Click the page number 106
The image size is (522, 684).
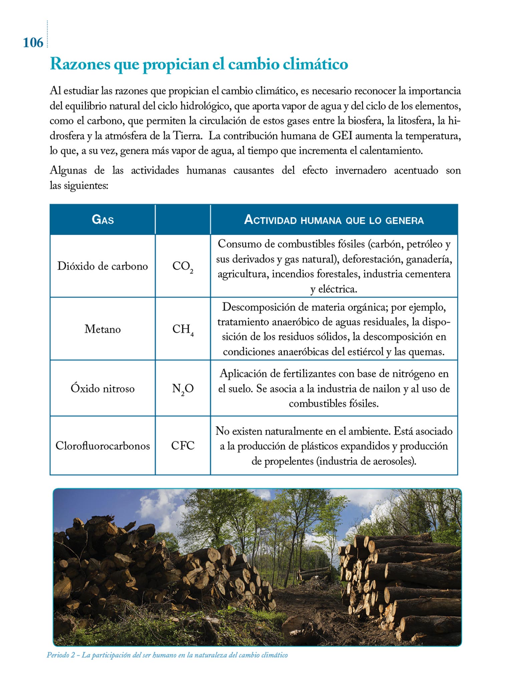click(x=33, y=43)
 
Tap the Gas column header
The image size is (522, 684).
click(x=102, y=219)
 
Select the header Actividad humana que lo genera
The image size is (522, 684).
click(x=334, y=220)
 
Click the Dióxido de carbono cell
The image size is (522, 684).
click(x=102, y=266)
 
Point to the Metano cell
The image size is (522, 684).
click(x=102, y=329)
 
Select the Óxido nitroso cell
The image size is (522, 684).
click(x=102, y=388)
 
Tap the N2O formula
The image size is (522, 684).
click(x=183, y=389)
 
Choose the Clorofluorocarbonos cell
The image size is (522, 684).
click(x=102, y=446)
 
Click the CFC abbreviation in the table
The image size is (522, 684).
click(x=183, y=446)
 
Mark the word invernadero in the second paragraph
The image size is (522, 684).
click(x=361, y=170)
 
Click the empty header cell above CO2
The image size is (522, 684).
click(x=183, y=219)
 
